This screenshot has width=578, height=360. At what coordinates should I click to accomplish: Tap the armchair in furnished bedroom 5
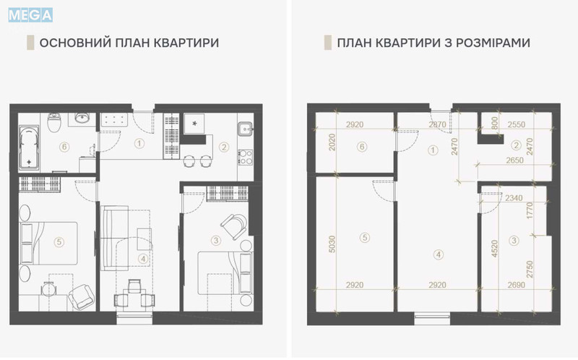[x=81, y=292]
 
